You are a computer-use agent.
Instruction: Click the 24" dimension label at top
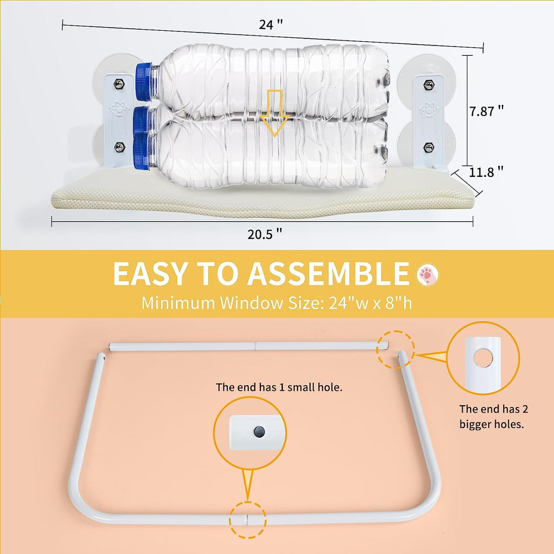271,24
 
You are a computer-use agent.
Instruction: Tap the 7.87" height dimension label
486,111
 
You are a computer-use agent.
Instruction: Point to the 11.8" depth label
486,172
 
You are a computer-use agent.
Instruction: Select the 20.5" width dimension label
265,234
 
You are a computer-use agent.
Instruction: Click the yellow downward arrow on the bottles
274,113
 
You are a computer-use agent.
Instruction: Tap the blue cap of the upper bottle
143,82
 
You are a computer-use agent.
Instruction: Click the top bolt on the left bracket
119,84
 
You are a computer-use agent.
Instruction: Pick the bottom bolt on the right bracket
428,147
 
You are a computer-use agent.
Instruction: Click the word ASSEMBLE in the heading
328,273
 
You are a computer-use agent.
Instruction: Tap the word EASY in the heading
150,274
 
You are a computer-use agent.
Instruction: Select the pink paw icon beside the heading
427,274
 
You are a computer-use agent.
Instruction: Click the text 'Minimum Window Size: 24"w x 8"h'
276,303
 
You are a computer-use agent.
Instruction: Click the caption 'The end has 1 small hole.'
279,387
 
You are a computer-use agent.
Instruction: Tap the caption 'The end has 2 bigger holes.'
493,417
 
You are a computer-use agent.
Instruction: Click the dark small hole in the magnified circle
259,431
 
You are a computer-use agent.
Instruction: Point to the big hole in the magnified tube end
483,358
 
